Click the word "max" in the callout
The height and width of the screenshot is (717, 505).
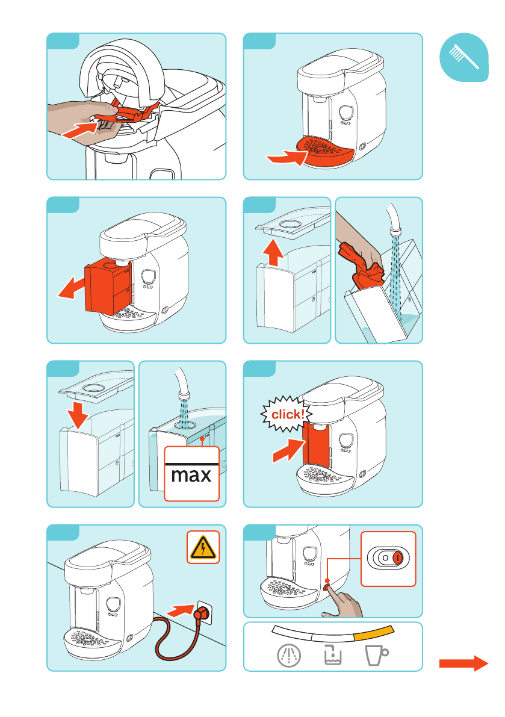click(x=191, y=475)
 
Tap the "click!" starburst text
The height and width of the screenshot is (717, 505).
click(x=288, y=414)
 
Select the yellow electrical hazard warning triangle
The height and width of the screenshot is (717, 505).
click(x=203, y=547)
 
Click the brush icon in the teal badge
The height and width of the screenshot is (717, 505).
click(x=463, y=57)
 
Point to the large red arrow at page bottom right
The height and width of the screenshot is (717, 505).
click(x=463, y=663)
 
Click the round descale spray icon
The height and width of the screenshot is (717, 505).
click(x=289, y=655)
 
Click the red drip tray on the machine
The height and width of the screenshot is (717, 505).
click(x=325, y=152)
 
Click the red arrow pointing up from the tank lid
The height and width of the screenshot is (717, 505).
click(x=273, y=252)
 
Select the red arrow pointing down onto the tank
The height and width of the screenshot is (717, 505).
click(x=78, y=415)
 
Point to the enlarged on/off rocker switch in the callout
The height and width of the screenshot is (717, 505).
click(x=388, y=558)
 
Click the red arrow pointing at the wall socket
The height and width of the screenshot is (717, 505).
click(x=181, y=610)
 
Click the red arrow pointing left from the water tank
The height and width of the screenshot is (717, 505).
click(x=72, y=288)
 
